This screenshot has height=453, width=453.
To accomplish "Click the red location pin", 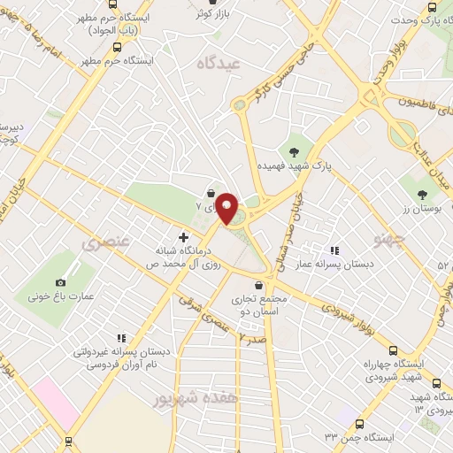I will tap(226, 209).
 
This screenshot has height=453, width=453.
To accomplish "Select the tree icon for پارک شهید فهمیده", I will tap(294, 151).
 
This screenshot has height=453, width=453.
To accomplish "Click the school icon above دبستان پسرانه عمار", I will tap(334, 250).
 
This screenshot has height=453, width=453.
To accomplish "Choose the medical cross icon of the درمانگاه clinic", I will tap(184, 237).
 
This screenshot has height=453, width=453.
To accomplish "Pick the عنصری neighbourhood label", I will tap(104, 240).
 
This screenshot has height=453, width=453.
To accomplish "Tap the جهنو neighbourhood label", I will tap(389, 240).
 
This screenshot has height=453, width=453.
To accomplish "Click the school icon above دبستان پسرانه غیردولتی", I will tap(121, 337).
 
